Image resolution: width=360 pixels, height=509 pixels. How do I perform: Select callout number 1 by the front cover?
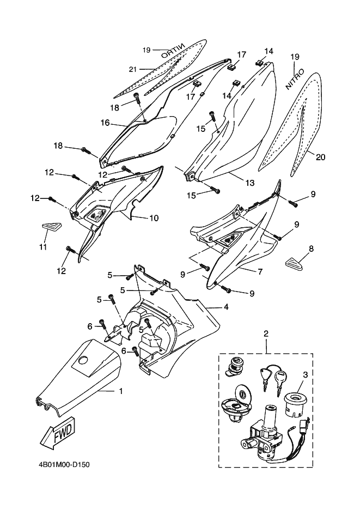[x=120, y=391]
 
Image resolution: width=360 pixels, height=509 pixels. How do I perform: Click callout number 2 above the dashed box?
[x=266, y=333]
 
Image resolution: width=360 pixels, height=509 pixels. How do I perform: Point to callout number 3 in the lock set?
[x=306, y=375]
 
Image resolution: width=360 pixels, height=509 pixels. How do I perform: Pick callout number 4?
[x=225, y=307]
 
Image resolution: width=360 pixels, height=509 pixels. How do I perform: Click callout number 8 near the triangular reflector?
[x=311, y=249]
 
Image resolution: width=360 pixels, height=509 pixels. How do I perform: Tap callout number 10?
[x=154, y=218]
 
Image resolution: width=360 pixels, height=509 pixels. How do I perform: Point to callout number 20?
[x=320, y=157]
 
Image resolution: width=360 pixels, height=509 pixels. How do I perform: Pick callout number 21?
[x=132, y=68]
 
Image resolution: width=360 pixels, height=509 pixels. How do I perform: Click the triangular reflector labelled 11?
[x=49, y=227]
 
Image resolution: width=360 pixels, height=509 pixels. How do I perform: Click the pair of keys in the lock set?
[x=272, y=379]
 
